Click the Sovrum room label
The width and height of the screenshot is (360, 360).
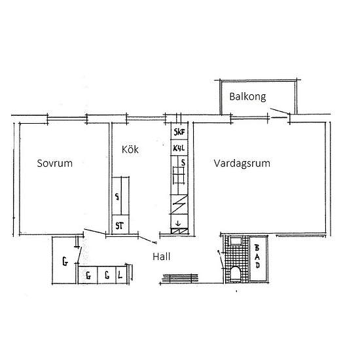[54, 163]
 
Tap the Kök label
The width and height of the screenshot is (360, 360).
[130, 149]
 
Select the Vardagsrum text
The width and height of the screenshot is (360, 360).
[242, 164]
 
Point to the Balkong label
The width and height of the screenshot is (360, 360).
[247, 97]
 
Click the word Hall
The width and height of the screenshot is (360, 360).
[162, 257]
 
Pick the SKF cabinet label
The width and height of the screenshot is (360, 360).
[179, 132]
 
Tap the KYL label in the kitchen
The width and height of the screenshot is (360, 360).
[179, 148]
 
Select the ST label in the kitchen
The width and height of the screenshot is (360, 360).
[119, 226]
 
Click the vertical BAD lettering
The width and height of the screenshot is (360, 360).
[257, 256]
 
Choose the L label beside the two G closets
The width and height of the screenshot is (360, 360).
[120, 275]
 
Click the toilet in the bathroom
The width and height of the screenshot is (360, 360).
[236, 274]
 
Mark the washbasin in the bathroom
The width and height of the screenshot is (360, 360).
[236, 241]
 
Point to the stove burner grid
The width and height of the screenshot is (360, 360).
[179, 175]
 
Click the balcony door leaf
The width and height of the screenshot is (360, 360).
[280, 111]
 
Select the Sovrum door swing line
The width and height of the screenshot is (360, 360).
[95, 232]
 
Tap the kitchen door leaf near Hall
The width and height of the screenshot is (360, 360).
[148, 240]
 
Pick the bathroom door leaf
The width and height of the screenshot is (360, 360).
[221, 259]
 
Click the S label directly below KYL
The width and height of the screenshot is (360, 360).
[183, 162]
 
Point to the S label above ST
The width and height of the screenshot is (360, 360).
[117, 196]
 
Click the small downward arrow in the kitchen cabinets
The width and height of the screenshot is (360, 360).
[178, 223]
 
